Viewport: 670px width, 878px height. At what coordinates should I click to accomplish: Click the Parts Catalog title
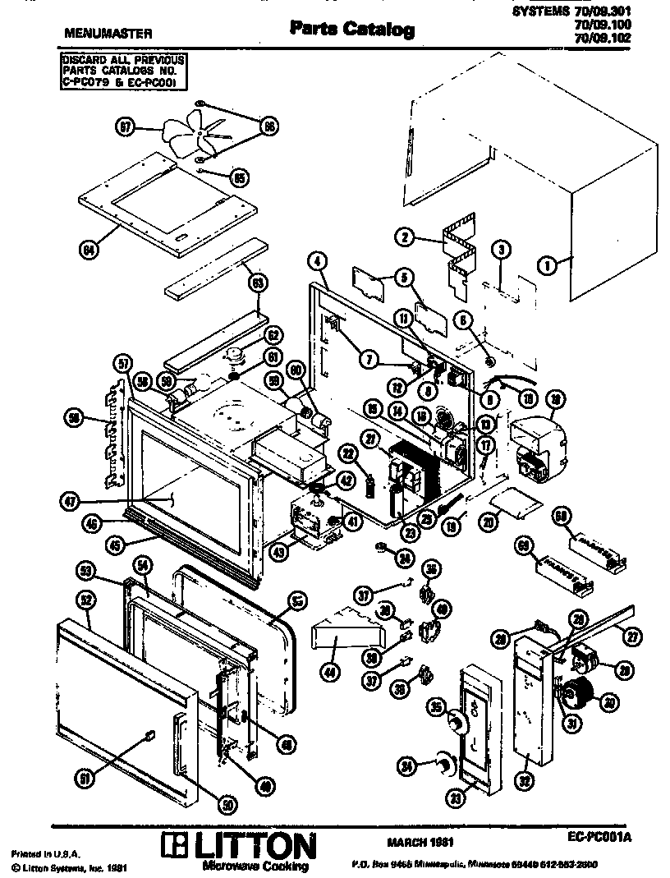point(351,30)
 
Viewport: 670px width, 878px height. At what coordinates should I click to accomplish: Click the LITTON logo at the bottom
point(238,846)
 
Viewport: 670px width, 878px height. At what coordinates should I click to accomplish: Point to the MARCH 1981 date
point(419,842)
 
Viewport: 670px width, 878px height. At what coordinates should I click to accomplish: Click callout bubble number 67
point(125,126)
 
